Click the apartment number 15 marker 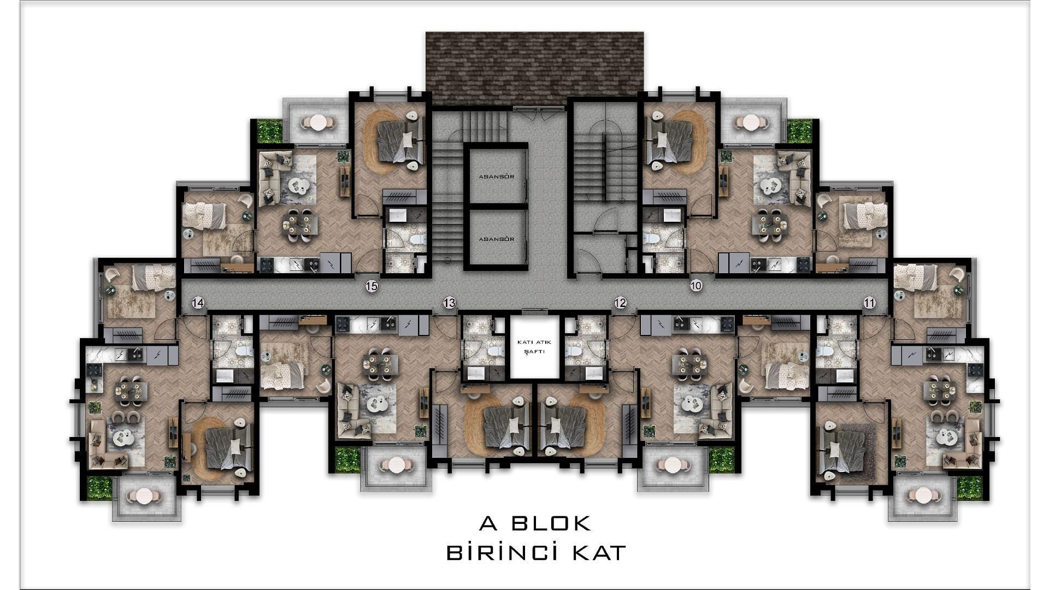tap(372, 286)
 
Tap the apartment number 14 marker tap(198, 303)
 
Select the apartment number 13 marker tap(449, 303)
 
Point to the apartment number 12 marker tap(620, 303)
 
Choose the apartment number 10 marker tap(696, 285)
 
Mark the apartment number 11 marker tap(869, 303)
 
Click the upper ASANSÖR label tap(496, 176)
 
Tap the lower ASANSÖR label tap(496, 239)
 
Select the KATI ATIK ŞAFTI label tap(535, 346)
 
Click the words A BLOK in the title tap(535, 523)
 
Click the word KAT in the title tap(599, 552)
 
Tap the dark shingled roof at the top tap(534, 68)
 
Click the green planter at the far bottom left tap(99, 488)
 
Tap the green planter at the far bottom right tap(970, 488)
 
